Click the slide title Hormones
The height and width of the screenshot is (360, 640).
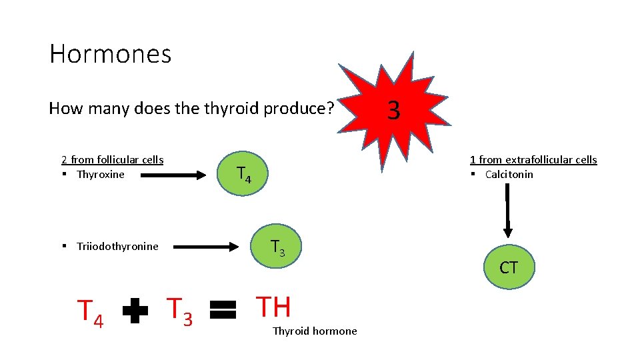[x=110, y=54]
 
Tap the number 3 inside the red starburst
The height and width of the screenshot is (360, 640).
[x=393, y=110]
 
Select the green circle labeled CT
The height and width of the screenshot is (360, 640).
[x=509, y=268]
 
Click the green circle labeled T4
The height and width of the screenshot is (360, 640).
[x=244, y=175]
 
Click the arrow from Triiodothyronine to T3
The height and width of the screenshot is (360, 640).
[x=201, y=247]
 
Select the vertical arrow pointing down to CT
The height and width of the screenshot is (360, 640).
[x=508, y=210]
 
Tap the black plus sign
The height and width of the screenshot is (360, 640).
[x=135, y=311]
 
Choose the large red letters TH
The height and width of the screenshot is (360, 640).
[x=273, y=307]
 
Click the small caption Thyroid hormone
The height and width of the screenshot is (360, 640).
[x=314, y=331]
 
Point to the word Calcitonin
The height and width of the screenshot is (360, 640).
[x=509, y=175]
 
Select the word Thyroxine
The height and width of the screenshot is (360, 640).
[x=101, y=175]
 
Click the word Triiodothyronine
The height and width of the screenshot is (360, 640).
[x=117, y=247]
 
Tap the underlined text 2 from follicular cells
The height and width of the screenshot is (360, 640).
[x=113, y=159]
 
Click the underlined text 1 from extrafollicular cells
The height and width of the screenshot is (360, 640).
[x=533, y=159]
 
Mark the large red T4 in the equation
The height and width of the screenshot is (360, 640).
[x=91, y=313]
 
